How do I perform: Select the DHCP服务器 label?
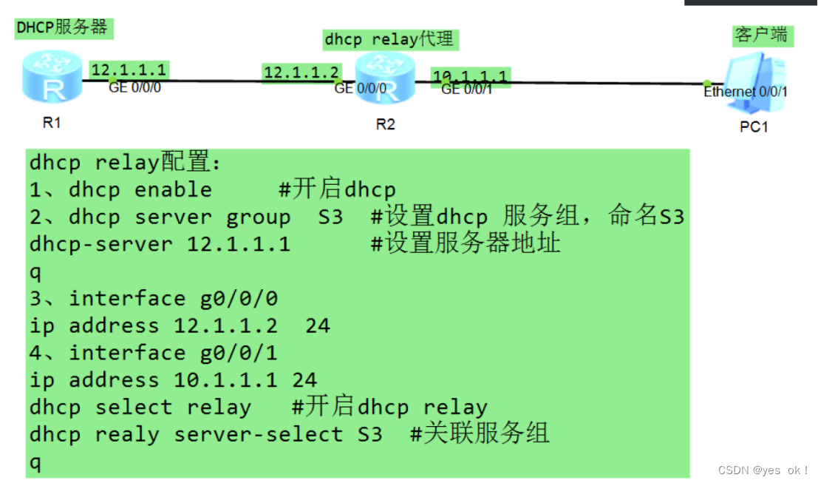tap(62, 28)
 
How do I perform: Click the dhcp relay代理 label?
tap(389, 38)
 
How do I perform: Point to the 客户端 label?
tap(761, 35)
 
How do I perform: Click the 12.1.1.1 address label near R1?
tap(129, 70)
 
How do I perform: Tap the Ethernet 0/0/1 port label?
tap(745, 92)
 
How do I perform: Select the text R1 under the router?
tap(51, 123)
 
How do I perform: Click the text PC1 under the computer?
tap(754, 127)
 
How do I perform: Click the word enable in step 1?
tap(173, 190)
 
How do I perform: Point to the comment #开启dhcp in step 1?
tap(337, 190)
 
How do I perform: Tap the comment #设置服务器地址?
tap(466, 244)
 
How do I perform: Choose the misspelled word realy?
tap(127, 434)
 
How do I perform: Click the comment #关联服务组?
tap(480, 434)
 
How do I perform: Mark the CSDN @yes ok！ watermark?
tap(763, 470)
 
